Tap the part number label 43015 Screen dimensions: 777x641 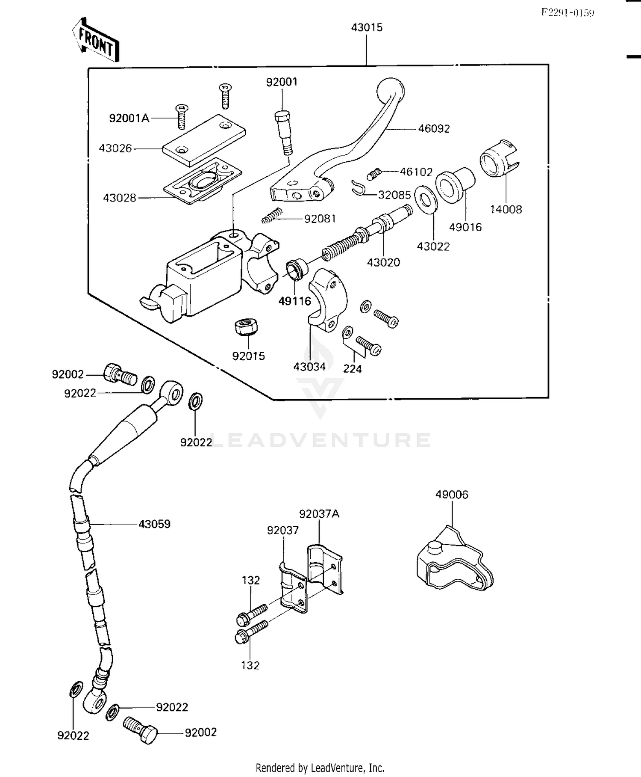tap(367, 27)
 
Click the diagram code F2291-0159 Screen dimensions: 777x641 tap(567, 12)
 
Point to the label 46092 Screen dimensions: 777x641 tap(434, 128)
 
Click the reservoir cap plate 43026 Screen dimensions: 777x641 tap(204, 139)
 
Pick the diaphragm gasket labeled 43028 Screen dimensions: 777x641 tap(203, 180)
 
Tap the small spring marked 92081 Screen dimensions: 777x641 tap(272, 215)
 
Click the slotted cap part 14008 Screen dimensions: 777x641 tap(499, 158)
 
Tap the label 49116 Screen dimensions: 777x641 tap(294, 301)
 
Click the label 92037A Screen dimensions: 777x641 tap(319, 514)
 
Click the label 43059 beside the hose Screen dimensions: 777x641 tap(154, 524)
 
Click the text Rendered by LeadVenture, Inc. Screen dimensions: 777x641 tap(320, 767)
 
